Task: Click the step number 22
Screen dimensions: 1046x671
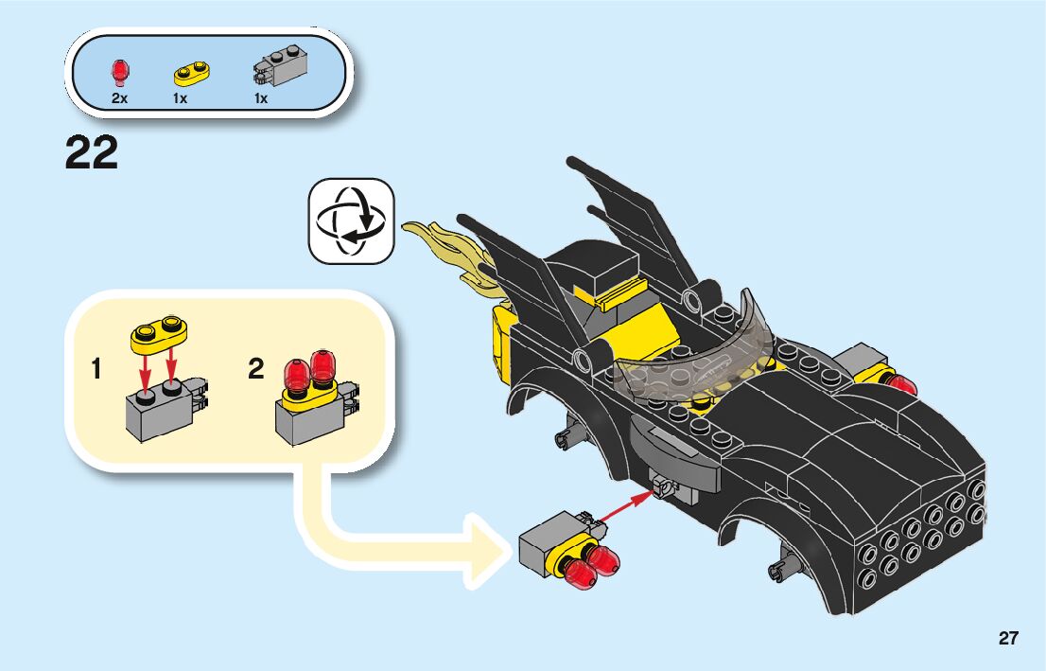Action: (x=92, y=152)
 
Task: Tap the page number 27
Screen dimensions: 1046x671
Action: (x=1008, y=638)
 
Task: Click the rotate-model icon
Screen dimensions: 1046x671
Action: (x=351, y=221)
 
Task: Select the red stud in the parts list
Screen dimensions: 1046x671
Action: (x=120, y=71)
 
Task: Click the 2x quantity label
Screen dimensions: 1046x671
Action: (x=120, y=98)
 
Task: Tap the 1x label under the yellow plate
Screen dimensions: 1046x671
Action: (x=181, y=98)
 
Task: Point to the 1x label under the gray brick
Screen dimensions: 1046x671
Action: (x=261, y=98)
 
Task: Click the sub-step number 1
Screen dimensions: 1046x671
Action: (x=96, y=370)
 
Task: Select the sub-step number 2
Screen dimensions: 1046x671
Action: (x=255, y=370)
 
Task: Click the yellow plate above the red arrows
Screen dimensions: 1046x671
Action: (x=159, y=331)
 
